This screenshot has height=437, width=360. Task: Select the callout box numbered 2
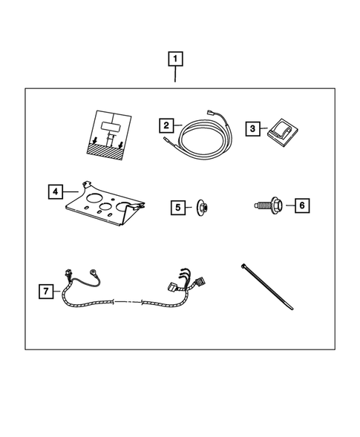pyautogui.click(x=168, y=125)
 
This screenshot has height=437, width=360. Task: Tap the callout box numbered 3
pyautogui.click(x=253, y=129)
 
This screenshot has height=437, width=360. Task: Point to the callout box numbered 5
pyautogui.click(x=177, y=208)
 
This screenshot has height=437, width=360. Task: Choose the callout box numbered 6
pyautogui.click(x=301, y=203)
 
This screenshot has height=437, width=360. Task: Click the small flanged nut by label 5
pyautogui.click(x=202, y=208)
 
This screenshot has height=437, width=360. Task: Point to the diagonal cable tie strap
pyautogui.click(x=269, y=286)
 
